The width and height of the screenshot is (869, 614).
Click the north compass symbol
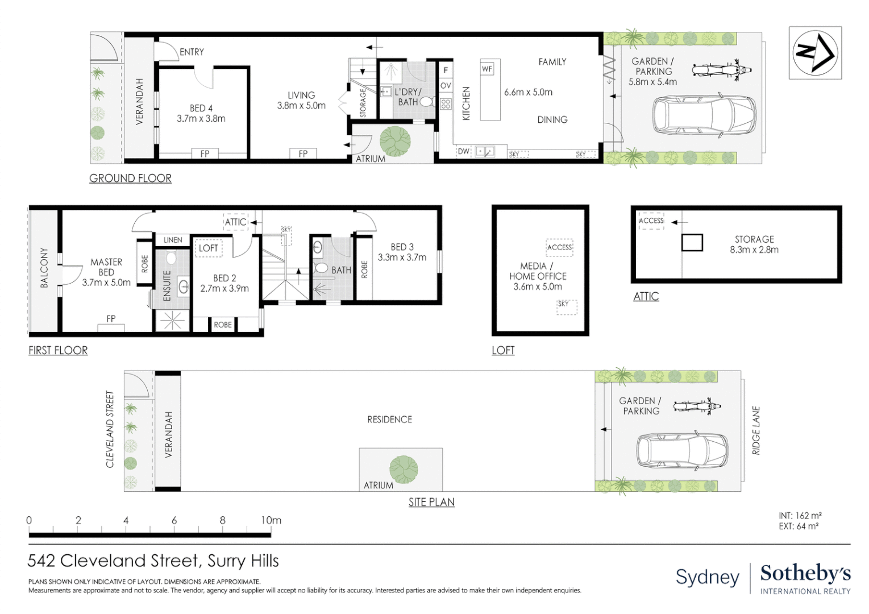(x=815, y=52)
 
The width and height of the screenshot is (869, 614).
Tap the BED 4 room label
(x=201, y=108)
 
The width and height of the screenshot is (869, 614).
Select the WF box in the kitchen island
(x=487, y=69)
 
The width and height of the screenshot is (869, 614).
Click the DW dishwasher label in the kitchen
(x=464, y=151)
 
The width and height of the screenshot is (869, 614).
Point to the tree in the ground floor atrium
(x=395, y=141)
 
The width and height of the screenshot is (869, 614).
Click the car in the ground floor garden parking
(x=704, y=115)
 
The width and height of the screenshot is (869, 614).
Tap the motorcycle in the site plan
(x=697, y=406)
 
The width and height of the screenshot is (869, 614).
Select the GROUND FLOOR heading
(x=130, y=179)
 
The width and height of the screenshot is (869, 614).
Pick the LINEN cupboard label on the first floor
(x=173, y=240)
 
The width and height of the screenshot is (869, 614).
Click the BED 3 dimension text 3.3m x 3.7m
(x=402, y=258)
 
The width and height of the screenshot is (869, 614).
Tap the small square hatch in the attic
(x=692, y=243)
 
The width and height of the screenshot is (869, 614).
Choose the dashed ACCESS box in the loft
(x=559, y=247)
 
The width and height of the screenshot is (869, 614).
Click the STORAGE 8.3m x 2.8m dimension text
(x=754, y=250)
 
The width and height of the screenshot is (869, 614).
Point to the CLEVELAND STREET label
(x=110, y=429)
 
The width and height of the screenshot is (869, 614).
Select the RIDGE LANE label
(x=756, y=430)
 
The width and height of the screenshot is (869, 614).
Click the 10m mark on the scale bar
(x=271, y=520)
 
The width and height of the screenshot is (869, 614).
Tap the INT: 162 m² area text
(x=800, y=516)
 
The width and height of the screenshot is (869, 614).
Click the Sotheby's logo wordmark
(x=805, y=573)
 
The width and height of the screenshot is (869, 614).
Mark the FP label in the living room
(x=303, y=153)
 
